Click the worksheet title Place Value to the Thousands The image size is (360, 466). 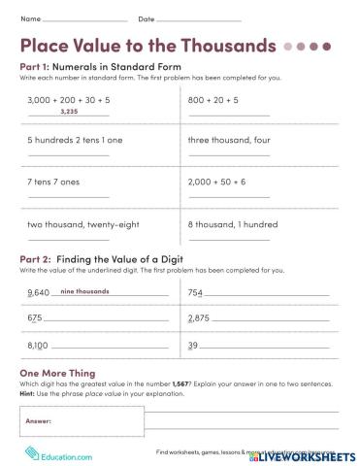pyautogui.click(x=147, y=46)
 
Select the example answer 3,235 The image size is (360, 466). pyautogui.click(x=68, y=112)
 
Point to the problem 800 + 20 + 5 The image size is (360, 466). pyautogui.click(x=213, y=100)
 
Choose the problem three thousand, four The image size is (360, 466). pyautogui.click(x=226, y=140)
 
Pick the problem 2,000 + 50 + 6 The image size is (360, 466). pyautogui.click(x=218, y=182)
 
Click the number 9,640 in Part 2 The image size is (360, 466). pyautogui.click(x=39, y=292)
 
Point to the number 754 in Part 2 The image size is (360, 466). pyautogui.click(x=195, y=292)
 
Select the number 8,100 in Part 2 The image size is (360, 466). pyautogui.click(x=39, y=345)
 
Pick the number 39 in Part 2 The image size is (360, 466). pyautogui.click(x=193, y=345)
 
